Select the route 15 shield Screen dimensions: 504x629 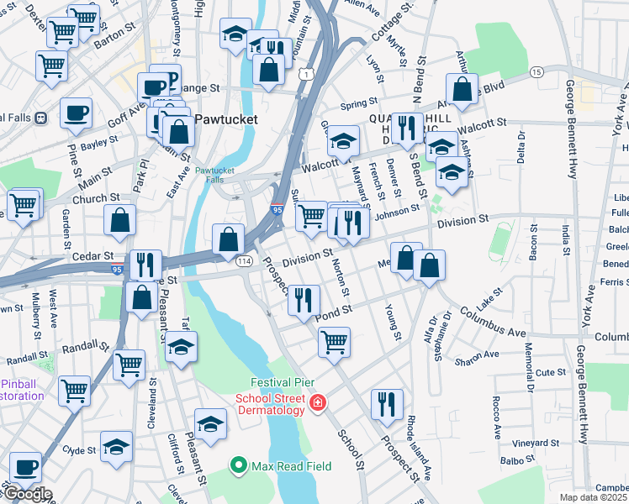[x=536, y=73]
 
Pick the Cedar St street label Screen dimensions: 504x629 [x=92, y=255]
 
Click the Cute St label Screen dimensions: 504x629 [x=551, y=372]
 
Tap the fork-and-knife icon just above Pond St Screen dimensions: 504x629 [x=304, y=299]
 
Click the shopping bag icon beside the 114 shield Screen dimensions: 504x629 [x=228, y=238]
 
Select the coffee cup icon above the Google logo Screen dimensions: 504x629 [x=25, y=465]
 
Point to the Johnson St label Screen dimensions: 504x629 [x=397, y=211]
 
